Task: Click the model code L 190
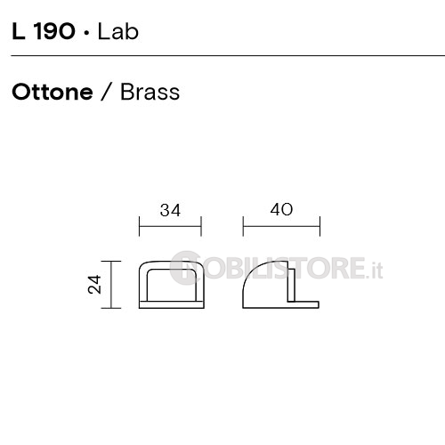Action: click(x=44, y=31)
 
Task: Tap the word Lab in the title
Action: click(x=118, y=31)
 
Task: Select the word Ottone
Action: click(x=53, y=93)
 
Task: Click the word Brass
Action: click(x=150, y=92)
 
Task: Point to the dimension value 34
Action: click(x=170, y=210)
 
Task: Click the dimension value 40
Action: click(x=281, y=209)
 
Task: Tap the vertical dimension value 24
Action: click(x=95, y=285)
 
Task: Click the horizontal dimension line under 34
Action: click(x=170, y=226)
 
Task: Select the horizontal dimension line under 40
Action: click(x=281, y=226)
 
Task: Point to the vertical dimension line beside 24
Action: click(x=111, y=285)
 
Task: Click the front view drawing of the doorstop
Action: click(x=172, y=285)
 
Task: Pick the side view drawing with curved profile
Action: click(x=280, y=285)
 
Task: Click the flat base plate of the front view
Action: click(x=172, y=304)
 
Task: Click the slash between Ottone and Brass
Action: click(x=107, y=92)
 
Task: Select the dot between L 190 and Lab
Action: click(x=86, y=33)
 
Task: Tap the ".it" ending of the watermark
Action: click(x=374, y=270)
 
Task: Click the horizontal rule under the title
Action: click(x=228, y=55)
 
